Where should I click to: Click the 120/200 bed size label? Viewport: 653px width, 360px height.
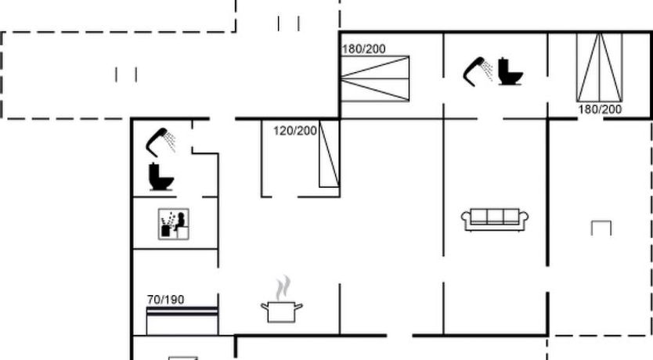pyautogui.click(x=295, y=131)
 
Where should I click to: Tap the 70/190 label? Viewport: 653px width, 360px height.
pyautogui.click(x=165, y=300)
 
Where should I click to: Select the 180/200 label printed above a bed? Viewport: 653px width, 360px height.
pyautogui.click(x=363, y=49)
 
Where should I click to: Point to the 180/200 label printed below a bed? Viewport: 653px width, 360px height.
pyautogui.click(x=600, y=110)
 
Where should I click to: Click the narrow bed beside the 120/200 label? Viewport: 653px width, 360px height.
pyautogui.click(x=330, y=153)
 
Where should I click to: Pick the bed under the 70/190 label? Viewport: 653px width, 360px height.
pyautogui.click(x=182, y=320)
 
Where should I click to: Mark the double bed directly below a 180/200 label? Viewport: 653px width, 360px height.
pyautogui.click(x=375, y=78)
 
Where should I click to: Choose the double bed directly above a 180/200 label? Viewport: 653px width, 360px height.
pyautogui.click(x=599, y=67)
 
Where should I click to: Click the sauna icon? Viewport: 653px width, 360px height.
pyautogui.click(x=173, y=225)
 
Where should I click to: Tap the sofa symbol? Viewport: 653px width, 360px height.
pyautogui.click(x=495, y=219)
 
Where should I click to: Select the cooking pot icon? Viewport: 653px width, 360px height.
pyautogui.click(x=282, y=311)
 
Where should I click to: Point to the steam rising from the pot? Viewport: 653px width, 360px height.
pyautogui.click(x=283, y=288)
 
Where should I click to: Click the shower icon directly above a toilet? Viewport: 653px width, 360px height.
pyautogui.click(x=161, y=142)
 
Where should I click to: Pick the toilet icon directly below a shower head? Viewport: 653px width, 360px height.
pyautogui.click(x=161, y=177)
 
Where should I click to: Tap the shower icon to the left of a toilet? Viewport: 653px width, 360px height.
pyautogui.click(x=478, y=71)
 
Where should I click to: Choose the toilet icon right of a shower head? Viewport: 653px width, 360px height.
pyautogui.click(x=510, y=71)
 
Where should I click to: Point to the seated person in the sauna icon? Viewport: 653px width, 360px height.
pyautogui.click(x=180, y=221)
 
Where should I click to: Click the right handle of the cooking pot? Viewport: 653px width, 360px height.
pyautogui.click(x=298, y=307)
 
